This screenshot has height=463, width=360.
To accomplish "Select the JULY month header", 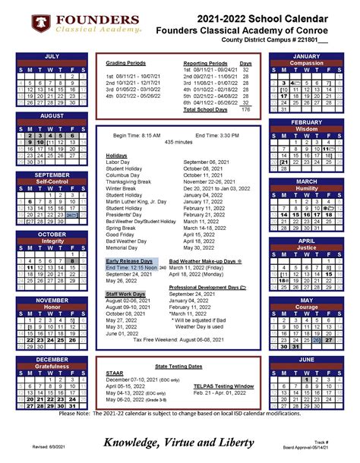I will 52,56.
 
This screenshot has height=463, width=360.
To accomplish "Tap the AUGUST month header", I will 52,115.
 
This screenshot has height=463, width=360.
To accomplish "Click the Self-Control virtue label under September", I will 52,182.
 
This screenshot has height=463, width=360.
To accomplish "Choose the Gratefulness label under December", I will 52,367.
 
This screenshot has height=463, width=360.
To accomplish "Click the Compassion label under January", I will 306,63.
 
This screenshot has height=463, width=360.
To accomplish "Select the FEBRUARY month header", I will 306,122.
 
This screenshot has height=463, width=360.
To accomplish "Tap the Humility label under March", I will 306,188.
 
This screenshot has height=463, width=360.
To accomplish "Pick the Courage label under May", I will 306,307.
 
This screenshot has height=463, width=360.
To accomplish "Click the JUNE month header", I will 306,359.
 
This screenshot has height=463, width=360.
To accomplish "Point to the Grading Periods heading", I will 125,63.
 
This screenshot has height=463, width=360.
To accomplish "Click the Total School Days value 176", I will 245,109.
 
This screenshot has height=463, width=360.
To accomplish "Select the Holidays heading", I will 116,155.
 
